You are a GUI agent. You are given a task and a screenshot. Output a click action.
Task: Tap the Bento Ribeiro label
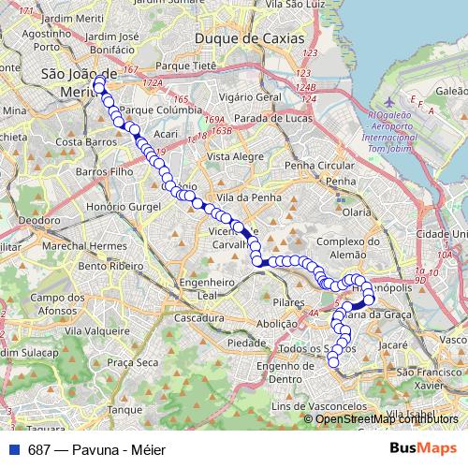pos(105,267)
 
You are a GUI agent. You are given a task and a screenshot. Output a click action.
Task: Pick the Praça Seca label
pos(133,362)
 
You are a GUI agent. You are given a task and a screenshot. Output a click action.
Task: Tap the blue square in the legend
pos(14,448)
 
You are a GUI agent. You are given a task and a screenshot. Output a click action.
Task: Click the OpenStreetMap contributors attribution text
pos(387,418)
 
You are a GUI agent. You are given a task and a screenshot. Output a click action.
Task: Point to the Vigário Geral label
pos(249,96)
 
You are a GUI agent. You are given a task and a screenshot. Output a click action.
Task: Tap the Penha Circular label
pos(320,165)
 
